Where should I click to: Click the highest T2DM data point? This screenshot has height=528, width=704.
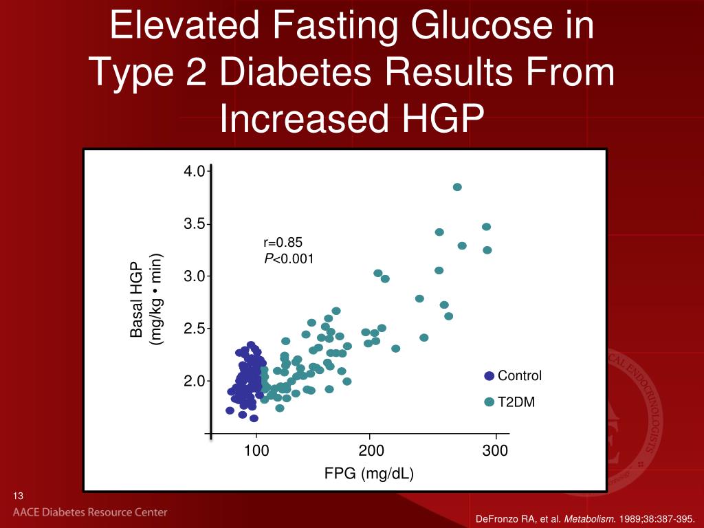[457, 187]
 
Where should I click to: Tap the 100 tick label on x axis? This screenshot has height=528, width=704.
[256, 451]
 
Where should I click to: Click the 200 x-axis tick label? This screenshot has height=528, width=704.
[371, 451]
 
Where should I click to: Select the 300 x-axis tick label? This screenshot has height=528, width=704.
[495, 451]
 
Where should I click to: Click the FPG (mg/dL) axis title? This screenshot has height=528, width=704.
[369, 474]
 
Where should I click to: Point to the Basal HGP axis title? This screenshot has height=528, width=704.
[137, 300]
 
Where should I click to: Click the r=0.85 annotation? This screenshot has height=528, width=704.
[283, 242]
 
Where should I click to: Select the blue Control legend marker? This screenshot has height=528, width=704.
[489, 376]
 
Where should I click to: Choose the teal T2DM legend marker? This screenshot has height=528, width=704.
[489, 402]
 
